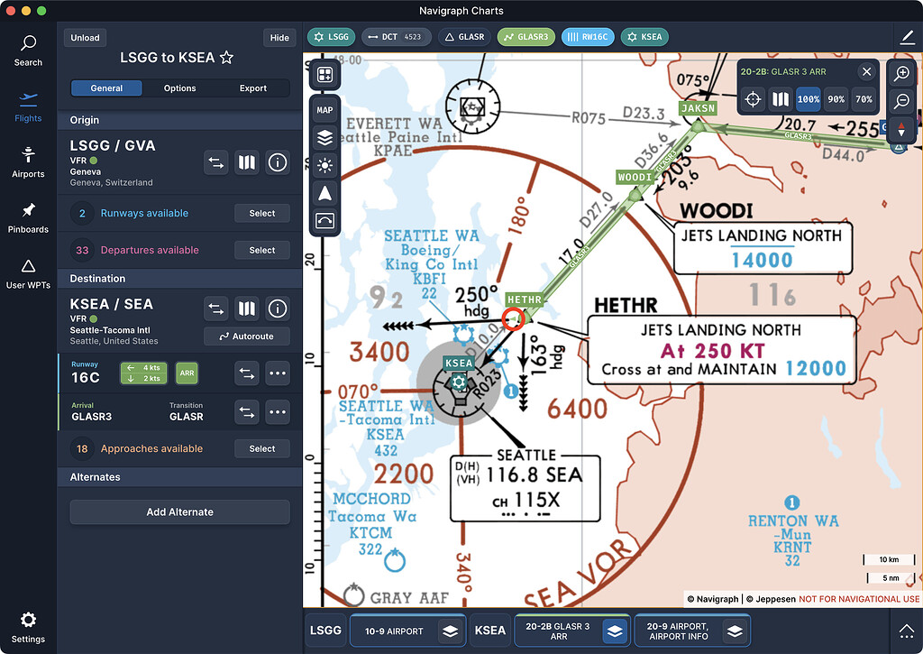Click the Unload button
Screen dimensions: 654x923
86,38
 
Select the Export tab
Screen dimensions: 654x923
253,88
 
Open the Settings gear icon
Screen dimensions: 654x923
28,620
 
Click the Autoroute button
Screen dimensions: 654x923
246,336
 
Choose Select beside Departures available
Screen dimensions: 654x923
262,250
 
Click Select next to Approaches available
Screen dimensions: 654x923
262,448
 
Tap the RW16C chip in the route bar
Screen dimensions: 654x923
588,37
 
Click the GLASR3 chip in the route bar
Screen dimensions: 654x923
525,37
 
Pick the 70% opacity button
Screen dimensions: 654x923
864,99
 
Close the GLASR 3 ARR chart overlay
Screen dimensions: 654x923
866,72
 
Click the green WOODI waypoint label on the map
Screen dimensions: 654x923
635,178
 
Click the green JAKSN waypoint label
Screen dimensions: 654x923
698,108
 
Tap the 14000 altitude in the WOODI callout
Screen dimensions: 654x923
762,260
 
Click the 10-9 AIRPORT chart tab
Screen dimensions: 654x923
393,631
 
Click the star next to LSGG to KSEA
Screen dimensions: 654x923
226,58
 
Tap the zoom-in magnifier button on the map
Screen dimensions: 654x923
902,73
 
